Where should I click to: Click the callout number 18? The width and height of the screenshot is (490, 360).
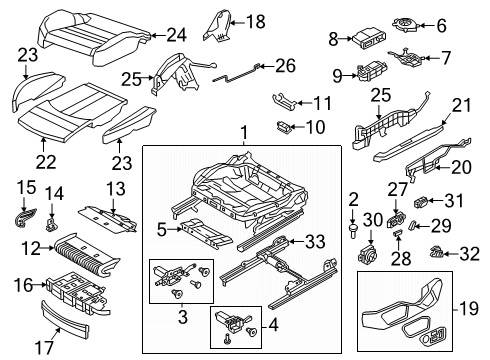[256, 22]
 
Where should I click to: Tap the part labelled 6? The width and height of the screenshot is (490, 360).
[406, 25]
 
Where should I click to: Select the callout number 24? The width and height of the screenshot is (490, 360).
[176, 35]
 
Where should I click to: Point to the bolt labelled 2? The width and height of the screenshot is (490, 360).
[353, 231]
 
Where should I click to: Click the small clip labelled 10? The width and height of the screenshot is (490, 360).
[283, 127]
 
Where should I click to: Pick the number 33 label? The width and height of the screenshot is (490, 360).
[315, 241]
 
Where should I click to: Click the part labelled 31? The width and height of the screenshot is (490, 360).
[421, 202]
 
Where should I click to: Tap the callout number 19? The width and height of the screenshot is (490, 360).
[469, 309]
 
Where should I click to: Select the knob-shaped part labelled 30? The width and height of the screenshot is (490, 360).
[367, 255]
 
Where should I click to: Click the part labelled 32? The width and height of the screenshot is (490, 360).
[436, 253]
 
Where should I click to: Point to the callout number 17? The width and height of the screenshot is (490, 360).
[44, 348]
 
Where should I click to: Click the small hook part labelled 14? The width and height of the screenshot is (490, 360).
[51, 225]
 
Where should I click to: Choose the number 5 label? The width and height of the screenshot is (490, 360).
[162, 230]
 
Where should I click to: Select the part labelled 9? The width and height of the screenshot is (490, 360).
[372, 71]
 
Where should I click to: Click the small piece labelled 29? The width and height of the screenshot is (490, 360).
[412, 226]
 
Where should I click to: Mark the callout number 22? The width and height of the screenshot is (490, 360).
[46, 163]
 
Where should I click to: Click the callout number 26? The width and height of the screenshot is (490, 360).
[285, 66]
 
